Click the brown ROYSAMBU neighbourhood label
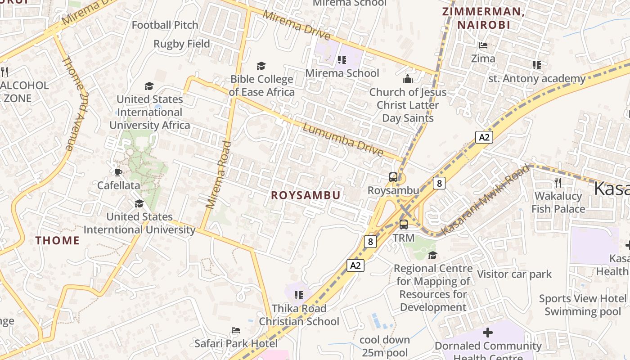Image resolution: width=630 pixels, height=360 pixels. (x=305, y=195)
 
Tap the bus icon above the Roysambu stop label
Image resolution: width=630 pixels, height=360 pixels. (x=393, y=177)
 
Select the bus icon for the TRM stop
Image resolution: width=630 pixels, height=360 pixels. (x=404, y=224)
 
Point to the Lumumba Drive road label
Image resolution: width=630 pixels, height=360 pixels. (x=342, y=139)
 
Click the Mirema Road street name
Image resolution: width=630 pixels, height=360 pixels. (x=219, y=175)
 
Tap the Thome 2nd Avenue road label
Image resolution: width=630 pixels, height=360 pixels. (x=74, y=103)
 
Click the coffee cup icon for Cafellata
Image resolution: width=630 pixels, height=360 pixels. (x=118, y=172)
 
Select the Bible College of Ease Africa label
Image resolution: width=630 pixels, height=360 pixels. (x=261, y=85)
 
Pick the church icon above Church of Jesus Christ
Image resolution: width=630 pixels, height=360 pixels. (x=408, y=79)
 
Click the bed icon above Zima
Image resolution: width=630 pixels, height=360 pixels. (x=483, y=45)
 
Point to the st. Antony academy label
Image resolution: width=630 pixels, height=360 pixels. (x=537, y=79)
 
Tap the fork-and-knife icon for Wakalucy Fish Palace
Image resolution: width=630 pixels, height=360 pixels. (x=558, y=182)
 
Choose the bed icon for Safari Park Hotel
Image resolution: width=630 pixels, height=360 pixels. (x=235, y=330)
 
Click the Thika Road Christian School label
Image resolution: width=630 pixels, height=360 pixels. (x=299, y=315)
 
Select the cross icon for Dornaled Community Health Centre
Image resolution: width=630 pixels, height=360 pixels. (x=488, y=333)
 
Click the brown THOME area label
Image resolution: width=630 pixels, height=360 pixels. (x=58, y=240)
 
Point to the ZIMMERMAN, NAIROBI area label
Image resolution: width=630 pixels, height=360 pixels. (x=484, y=18)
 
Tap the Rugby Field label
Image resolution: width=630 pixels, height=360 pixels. (x=182, y=44)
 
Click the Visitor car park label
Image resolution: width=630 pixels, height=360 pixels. (x=514, y=274)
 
